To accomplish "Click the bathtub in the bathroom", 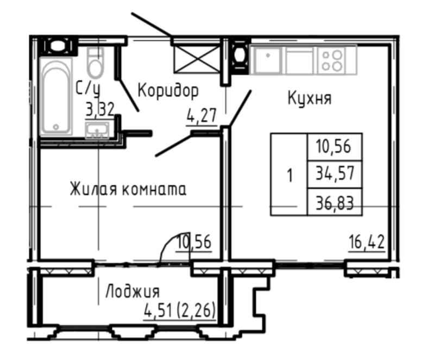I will coord(57,96).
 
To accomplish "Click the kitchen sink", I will coord(267,59).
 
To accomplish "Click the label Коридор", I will coord(168,90).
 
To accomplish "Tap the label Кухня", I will coord(310,99).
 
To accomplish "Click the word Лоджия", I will coord(132,291).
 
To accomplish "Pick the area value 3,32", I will coord(100,110).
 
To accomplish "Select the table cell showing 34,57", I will coord(335,175).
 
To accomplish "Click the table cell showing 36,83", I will coord(335,203).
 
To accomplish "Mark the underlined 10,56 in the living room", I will coord(193,240).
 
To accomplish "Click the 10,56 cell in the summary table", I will coord(335,146).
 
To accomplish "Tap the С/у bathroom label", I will coord(87,88).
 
